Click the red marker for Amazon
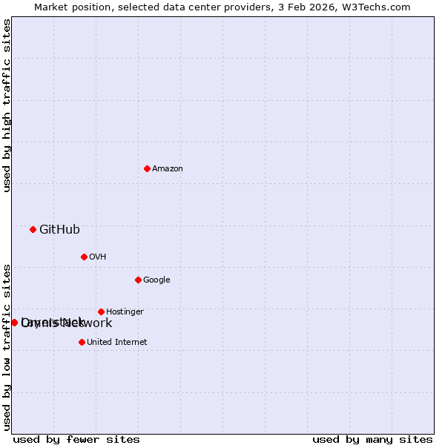[147, 168]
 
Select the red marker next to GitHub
[33, 229]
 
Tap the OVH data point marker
[84, 257]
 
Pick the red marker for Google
[138, 280]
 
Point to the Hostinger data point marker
[101, 311]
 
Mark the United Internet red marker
[82, 342]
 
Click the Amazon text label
[168, 169]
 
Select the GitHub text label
[59, 230]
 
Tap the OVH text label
[97, 257]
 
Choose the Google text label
[156, 280]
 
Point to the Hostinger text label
[125, 312]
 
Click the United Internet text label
[116, 343]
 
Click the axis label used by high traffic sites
[7, 105]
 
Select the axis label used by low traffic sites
[7, 346]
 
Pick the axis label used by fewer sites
[76, 439]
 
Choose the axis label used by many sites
[372, 439]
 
